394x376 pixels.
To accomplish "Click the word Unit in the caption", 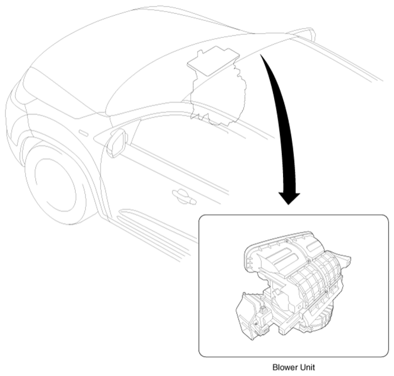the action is (x=308, y=367).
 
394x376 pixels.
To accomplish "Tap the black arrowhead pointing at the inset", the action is (x=289, y=199).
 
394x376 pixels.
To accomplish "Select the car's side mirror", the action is (x=117, y=143).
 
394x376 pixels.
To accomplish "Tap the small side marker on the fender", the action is (x=83, y=133).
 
